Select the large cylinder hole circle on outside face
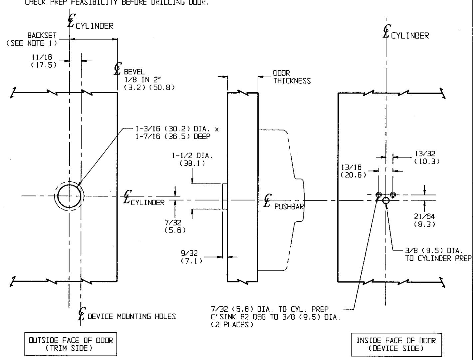tap(69, 196)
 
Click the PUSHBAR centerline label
tap(289, 206)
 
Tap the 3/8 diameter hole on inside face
tap(386, 200)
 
